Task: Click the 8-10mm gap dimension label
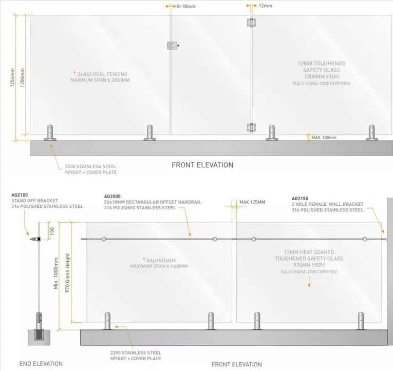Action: (x=186, y=7)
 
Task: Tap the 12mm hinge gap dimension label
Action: (x=266, y=6)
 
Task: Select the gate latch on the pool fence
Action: (x=173, y=46)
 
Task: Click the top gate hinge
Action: (x=251, y=23)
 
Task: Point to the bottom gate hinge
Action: (x=251, y=127)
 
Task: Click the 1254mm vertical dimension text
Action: (x=12, y=77)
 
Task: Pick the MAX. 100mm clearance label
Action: (x=324, y=138)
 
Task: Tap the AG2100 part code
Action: (x=20, y=195)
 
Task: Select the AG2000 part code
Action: (x=113, y=197)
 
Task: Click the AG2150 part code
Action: (x=300, y=199)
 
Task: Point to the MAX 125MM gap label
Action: (x=252, y=202)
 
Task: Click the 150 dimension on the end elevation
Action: (x=52, y=230)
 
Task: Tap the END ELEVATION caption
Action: (x=41, y=364)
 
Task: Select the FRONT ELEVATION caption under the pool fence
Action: (x=202, y=165)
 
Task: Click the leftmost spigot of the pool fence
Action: (x=50, y=133)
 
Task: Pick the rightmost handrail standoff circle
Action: (x=365, y=239)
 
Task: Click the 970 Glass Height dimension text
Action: (x=67, y=273)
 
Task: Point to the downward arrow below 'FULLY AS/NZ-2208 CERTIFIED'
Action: (x=309, y=282)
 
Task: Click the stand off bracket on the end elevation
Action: (x=35, y=239)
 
